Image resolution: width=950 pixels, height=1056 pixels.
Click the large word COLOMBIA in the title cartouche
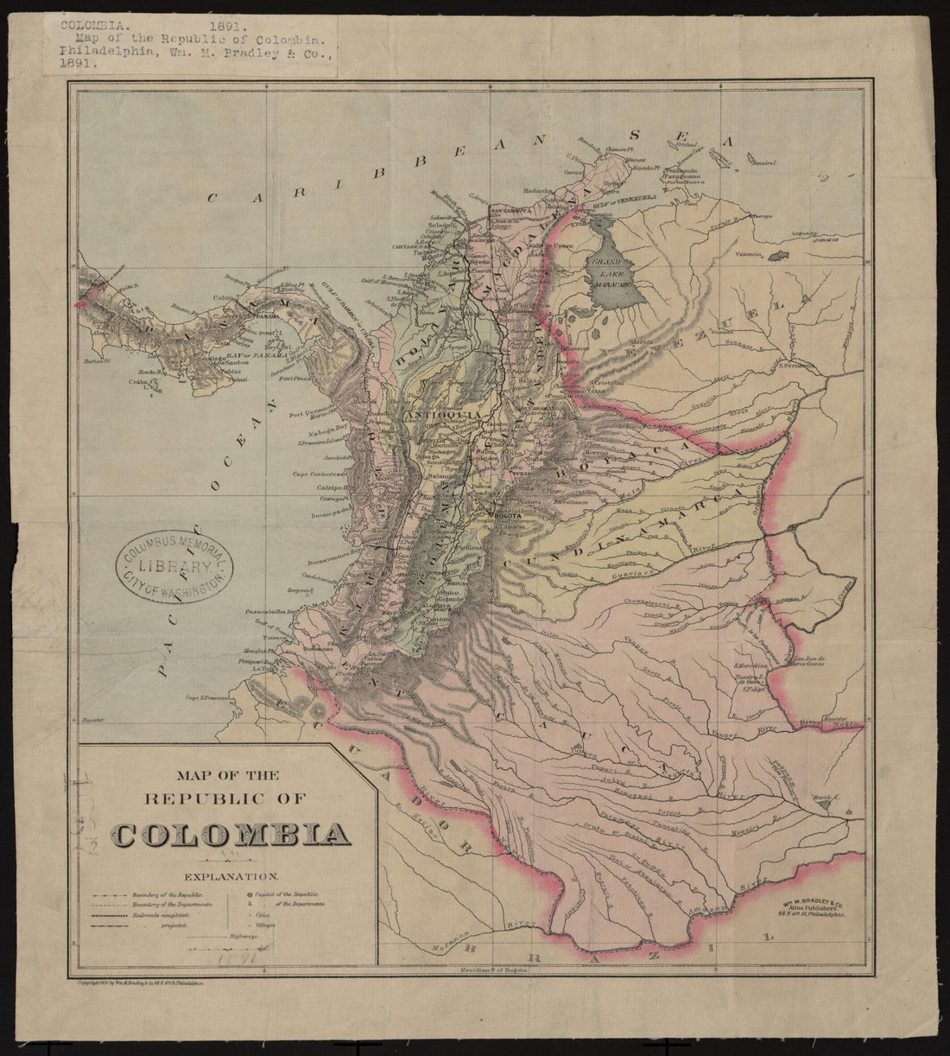(231, 836)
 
